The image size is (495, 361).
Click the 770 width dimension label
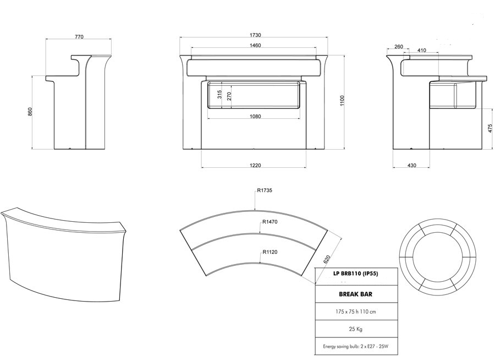point(79,37)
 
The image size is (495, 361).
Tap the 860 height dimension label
point(30,112)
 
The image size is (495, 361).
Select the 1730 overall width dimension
point(255,35)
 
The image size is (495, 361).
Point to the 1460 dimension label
point(255,45)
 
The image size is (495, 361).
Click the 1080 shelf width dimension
point(255,116)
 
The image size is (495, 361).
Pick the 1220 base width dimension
point(255,165)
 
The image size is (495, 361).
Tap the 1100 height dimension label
point(343,101)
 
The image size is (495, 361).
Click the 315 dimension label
point(219,94)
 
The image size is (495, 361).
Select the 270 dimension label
point(229,96)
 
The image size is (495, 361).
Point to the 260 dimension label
point(399,46)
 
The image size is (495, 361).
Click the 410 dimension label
point(421,50)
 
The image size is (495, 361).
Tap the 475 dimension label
point(490,128)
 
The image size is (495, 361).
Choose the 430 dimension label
point(411,165)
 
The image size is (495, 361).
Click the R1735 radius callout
point(265,190)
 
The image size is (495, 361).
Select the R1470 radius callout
point(270,222)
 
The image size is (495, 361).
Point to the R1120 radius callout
point(270,252)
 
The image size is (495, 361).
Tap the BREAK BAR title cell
point(355,294)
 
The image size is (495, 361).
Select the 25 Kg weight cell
point(355,329)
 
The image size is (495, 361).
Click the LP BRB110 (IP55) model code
point(355,274)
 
